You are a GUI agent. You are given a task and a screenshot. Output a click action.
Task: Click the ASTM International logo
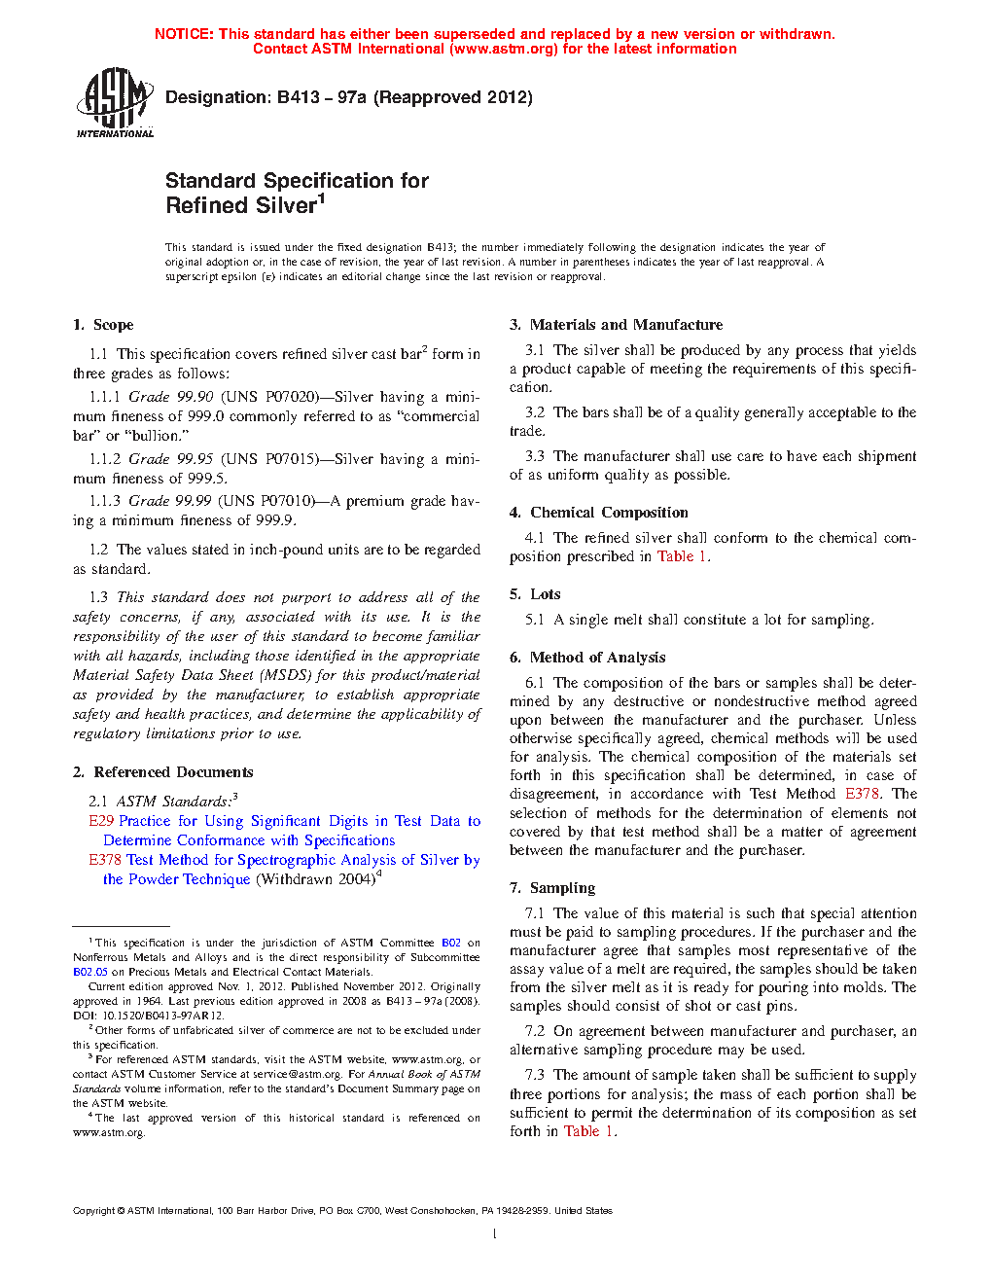pos(115,102)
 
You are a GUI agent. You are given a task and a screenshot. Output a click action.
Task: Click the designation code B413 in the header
pos(299,97)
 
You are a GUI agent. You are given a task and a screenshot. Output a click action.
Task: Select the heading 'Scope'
pos(114,325)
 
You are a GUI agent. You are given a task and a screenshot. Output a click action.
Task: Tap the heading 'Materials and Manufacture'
pos(626,325)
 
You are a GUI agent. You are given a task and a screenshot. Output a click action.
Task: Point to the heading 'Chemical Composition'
pos(609,513)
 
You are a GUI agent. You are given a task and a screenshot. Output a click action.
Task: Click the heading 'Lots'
pos(546,594)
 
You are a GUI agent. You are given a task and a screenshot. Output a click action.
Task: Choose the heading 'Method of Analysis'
pos(597,658)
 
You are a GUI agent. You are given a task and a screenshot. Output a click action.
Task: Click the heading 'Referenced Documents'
pos(173,772)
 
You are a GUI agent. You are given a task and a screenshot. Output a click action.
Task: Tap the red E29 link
pos(101,821)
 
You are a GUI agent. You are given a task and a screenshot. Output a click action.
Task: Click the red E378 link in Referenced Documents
pos(105,860)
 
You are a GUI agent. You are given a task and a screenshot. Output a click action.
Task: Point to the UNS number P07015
pos(290,459)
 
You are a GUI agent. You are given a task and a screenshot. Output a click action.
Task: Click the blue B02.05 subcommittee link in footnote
pos(90,972)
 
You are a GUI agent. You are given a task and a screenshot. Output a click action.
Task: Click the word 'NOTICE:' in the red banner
pos(184,34)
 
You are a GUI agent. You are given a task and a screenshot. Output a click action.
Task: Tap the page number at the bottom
pos(495,1234)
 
